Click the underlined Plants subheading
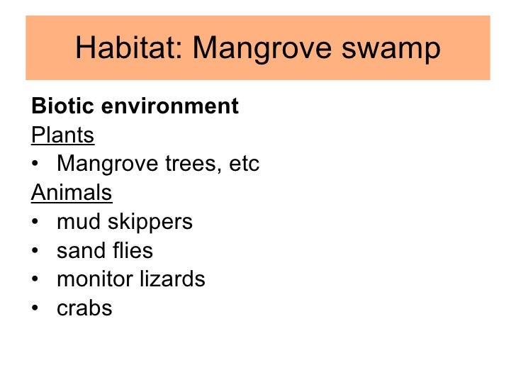point(63,135)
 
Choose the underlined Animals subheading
point(72,193)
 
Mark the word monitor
point(97,279)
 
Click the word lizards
point(174,279)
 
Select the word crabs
point(84,308)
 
